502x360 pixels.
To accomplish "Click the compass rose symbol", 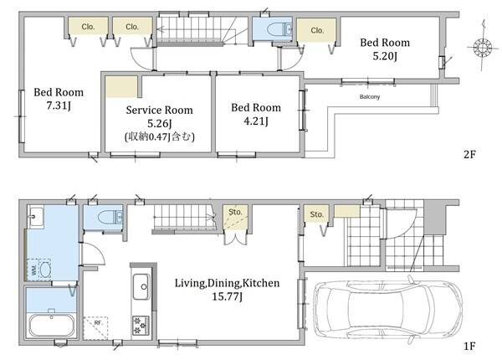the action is [x=483, y=48].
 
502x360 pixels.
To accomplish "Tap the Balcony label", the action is [x=370, y=97].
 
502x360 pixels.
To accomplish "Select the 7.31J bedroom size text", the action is [x=59, y=105].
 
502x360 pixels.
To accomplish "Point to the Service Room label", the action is [x=160, y=111].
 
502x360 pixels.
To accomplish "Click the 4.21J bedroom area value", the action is [x=256, y=121].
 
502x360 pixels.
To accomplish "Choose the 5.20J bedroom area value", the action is [x=385, y=56].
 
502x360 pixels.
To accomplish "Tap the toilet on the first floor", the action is [x=110, y=217].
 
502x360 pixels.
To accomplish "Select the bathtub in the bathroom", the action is [x=52, y=326].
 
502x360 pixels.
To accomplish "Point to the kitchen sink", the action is [x=141, y=286].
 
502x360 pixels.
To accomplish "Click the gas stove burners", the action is [x=141, y=325].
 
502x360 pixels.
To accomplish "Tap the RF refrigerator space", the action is [x=95, y=328].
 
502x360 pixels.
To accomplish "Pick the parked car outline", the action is [x=387, y=310].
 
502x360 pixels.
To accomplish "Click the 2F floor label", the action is [x=469, y=155].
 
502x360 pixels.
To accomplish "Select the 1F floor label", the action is [x=469, y=346].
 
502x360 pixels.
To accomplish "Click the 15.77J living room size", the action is [x=227, y=296].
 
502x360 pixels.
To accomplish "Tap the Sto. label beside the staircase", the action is [x=235, y=212].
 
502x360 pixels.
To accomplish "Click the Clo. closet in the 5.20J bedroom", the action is [x=317, y=30].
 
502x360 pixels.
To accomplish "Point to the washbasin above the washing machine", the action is [x=36, y=218].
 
